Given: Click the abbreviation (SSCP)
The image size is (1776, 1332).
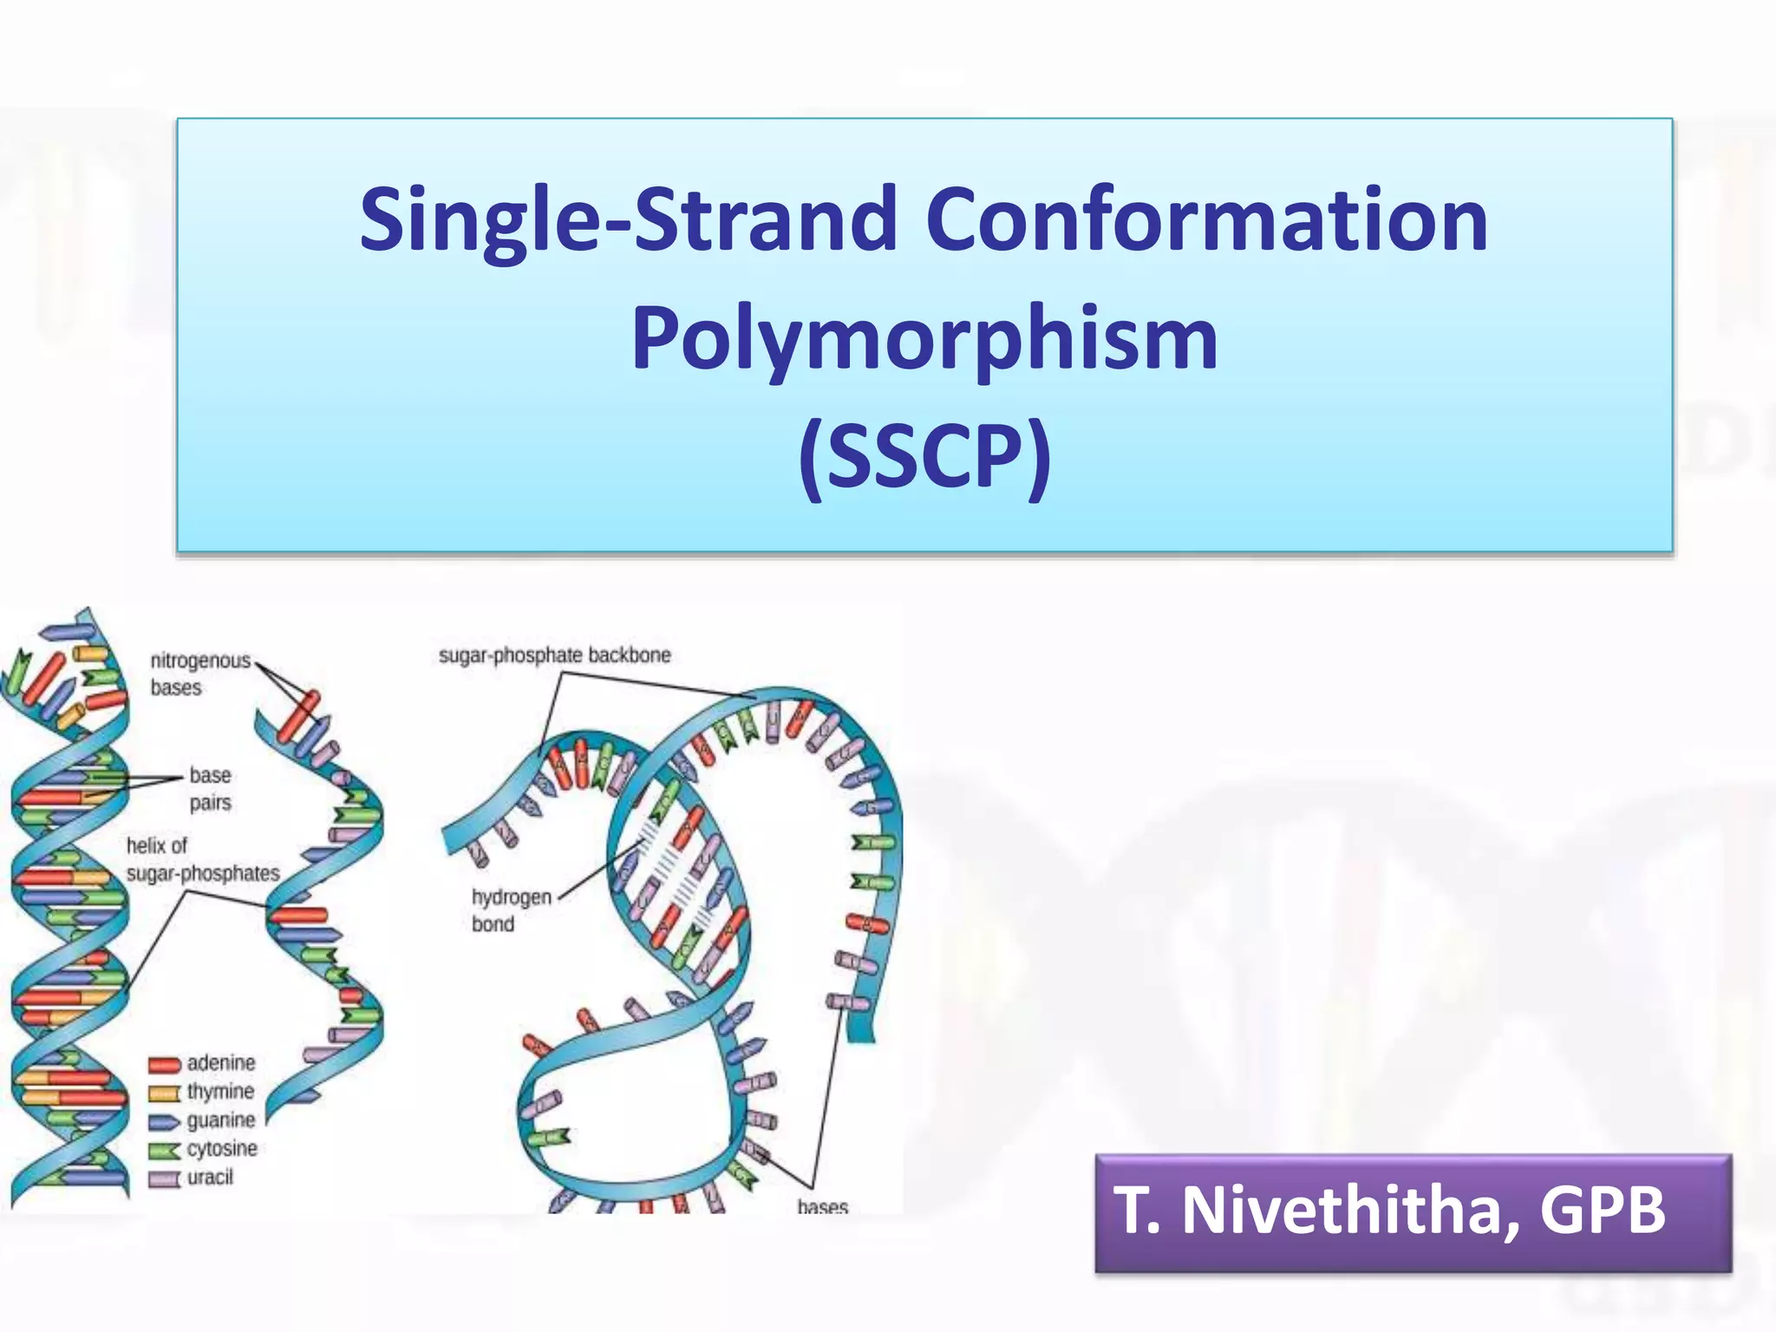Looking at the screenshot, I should tap(924, 457).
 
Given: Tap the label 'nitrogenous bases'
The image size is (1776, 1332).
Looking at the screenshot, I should tap(199, 674).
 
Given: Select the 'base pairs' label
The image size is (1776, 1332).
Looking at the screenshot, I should tap(210, 788).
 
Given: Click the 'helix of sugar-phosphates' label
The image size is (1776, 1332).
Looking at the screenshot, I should tap(202, 859).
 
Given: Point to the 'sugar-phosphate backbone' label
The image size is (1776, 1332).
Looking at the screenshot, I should tap(554, 656).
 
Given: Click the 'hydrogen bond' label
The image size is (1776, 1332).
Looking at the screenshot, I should tap(511, 910).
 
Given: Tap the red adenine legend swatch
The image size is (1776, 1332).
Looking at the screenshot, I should tap(164, 1065).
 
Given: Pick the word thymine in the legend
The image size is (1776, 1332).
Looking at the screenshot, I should tap(220, 1091).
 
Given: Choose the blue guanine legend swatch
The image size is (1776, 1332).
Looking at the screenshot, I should tap(164, 1122).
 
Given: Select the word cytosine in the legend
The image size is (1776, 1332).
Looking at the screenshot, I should tap(222, 1148).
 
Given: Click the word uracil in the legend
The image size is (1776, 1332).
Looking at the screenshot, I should tap(210, 1177).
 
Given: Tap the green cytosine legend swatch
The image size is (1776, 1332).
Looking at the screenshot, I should tap(164, 1151).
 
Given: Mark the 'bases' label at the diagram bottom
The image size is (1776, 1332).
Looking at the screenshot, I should tap(822, 1205).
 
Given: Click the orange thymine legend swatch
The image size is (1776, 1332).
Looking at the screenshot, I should tap(164, 1094).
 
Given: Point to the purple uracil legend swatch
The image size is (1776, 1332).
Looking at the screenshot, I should tap(164, 1179).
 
